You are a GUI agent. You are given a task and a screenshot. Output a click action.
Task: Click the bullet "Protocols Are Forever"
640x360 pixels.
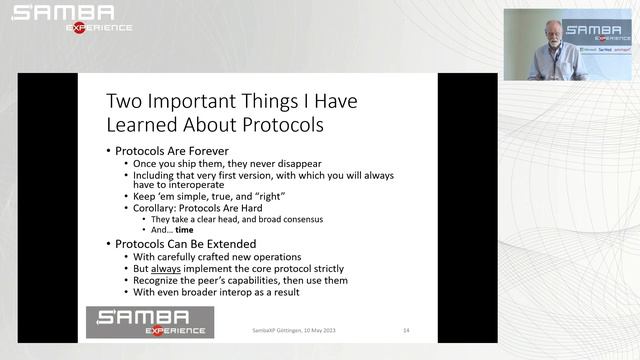tap(172, 151)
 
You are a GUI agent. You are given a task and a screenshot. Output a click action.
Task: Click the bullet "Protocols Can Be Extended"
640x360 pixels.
tap(185, 243)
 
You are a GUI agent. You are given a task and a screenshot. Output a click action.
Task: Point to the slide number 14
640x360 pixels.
tap(406, 330)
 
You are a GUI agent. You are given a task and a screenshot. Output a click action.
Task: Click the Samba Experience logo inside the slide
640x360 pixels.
tap(150, 322)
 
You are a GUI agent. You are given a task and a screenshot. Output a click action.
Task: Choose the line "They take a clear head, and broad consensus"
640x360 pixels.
tap(235, 218)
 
